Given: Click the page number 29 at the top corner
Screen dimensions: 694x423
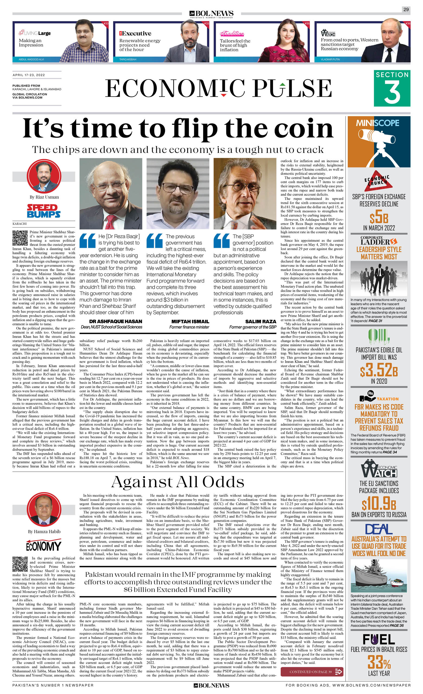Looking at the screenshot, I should tap(406, 9).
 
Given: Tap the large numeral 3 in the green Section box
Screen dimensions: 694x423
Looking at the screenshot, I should tap(392, 92).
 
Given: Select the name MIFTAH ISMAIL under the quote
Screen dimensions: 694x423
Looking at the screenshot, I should tap(190, 321).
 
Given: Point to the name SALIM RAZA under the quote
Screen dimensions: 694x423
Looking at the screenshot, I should tap(261, 321).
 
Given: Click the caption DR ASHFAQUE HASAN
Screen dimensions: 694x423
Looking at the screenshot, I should tap(116, 321).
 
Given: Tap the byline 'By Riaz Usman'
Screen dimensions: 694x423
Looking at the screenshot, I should tap(44, 197).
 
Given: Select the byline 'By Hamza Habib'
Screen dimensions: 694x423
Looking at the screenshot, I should tap(44, 532).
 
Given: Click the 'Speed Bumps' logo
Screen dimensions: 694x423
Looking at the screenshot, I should tap(44, 211).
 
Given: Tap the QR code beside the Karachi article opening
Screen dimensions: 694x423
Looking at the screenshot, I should tap(20, 238).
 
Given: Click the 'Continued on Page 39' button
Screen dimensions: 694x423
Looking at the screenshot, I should tap(312, 672).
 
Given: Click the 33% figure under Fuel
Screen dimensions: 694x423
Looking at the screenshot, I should tap(379, 662).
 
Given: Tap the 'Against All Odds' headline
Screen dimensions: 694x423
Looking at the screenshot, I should tap(178, 482).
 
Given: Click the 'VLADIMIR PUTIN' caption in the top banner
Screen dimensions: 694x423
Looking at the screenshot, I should tap(330, 59).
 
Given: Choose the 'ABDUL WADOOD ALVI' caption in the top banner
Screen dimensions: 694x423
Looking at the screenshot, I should tap(31, 59).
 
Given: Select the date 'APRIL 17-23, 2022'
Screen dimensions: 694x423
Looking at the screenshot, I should tap(29, 75).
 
